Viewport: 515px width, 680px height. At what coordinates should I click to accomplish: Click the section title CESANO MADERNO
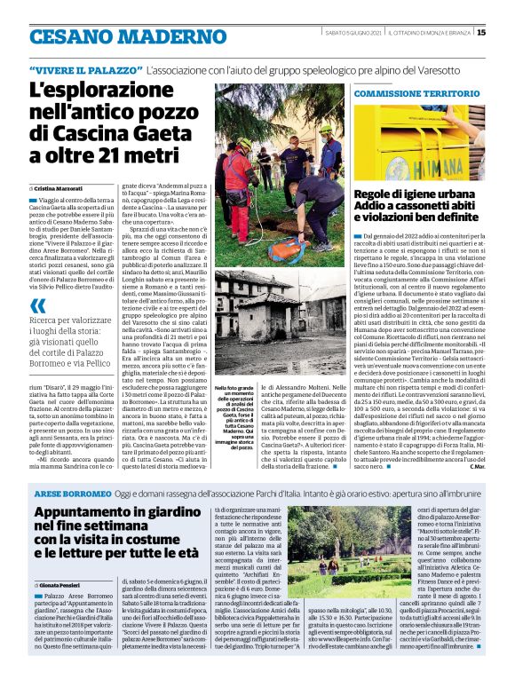click(115, 36)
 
